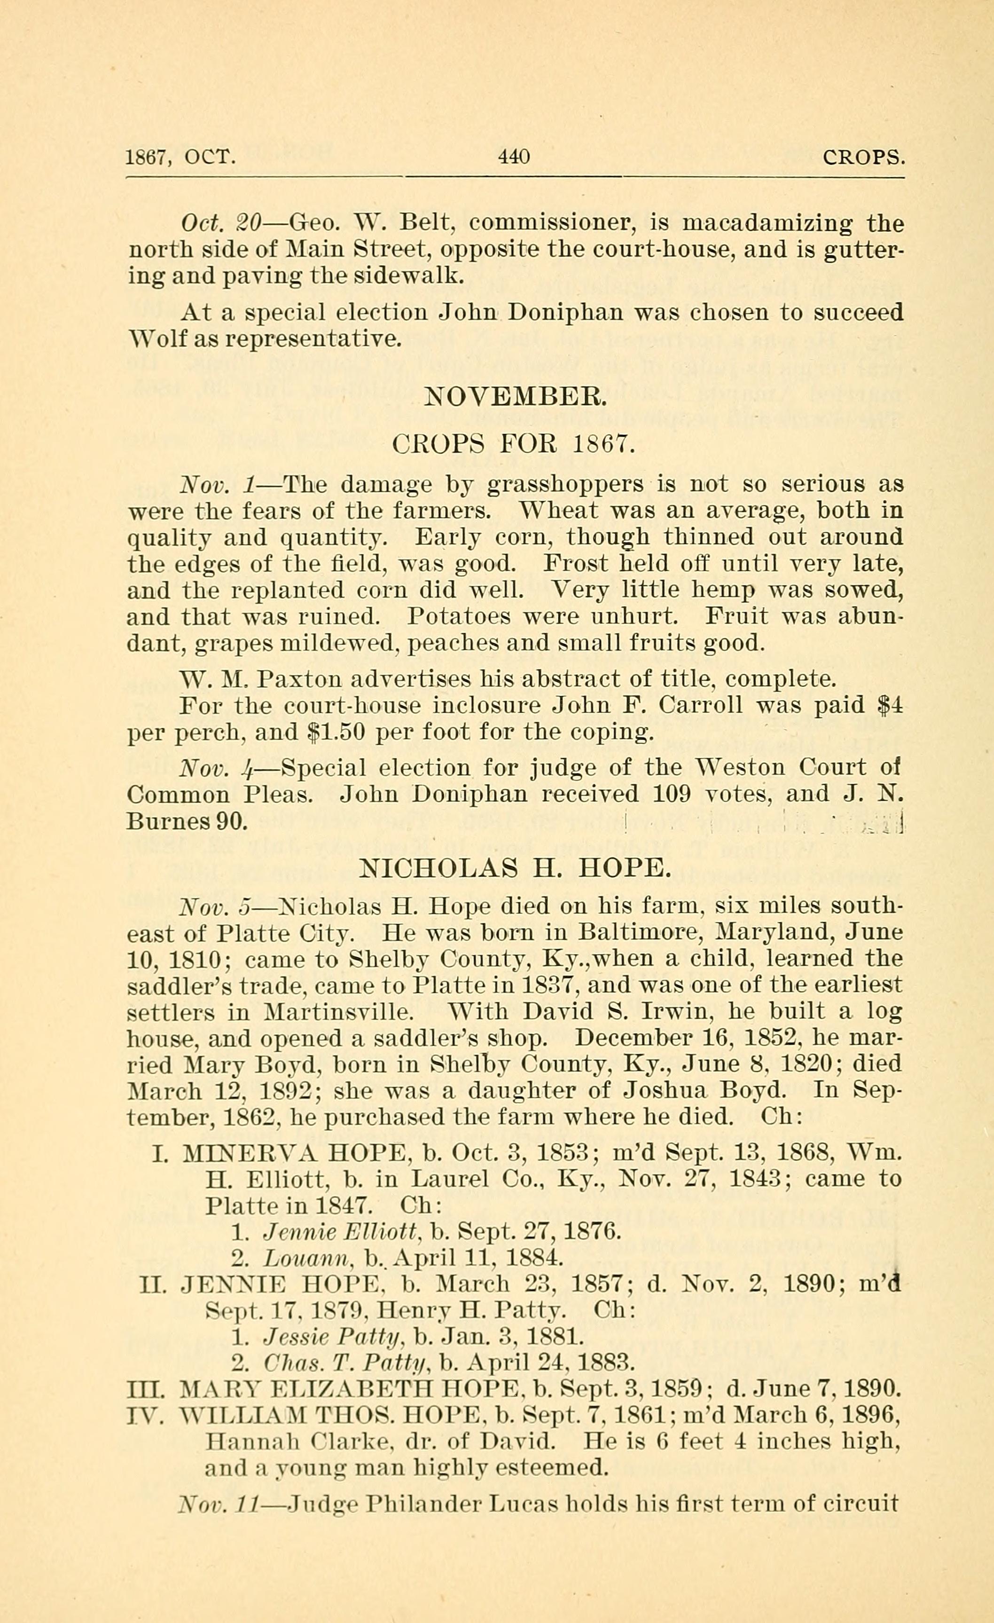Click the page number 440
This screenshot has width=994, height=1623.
click(514, 157)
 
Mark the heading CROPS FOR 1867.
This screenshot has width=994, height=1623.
click(514, 445)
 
